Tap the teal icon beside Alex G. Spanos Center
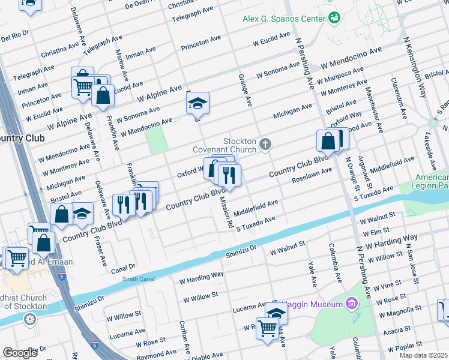tap(334, 18)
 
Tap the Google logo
tap(20, 353)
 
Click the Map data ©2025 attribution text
tap(423, 355)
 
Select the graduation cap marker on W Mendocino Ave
tap(197, 104)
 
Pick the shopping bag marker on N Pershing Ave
tap(328, 142)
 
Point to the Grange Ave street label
tap(246, 90)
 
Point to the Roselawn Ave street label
tap(312, 175)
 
